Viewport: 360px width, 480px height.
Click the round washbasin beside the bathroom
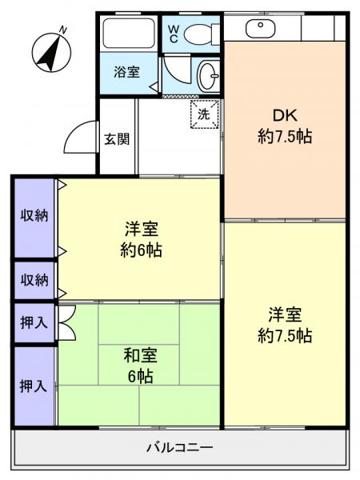(x=209, y=77)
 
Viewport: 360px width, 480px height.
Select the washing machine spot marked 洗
(x=204, y=114)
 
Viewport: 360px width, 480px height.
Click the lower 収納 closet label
(x=34, y=280)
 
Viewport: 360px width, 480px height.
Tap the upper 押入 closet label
(x=34, y=322)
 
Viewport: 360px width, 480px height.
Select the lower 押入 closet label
(x=34, y=386)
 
